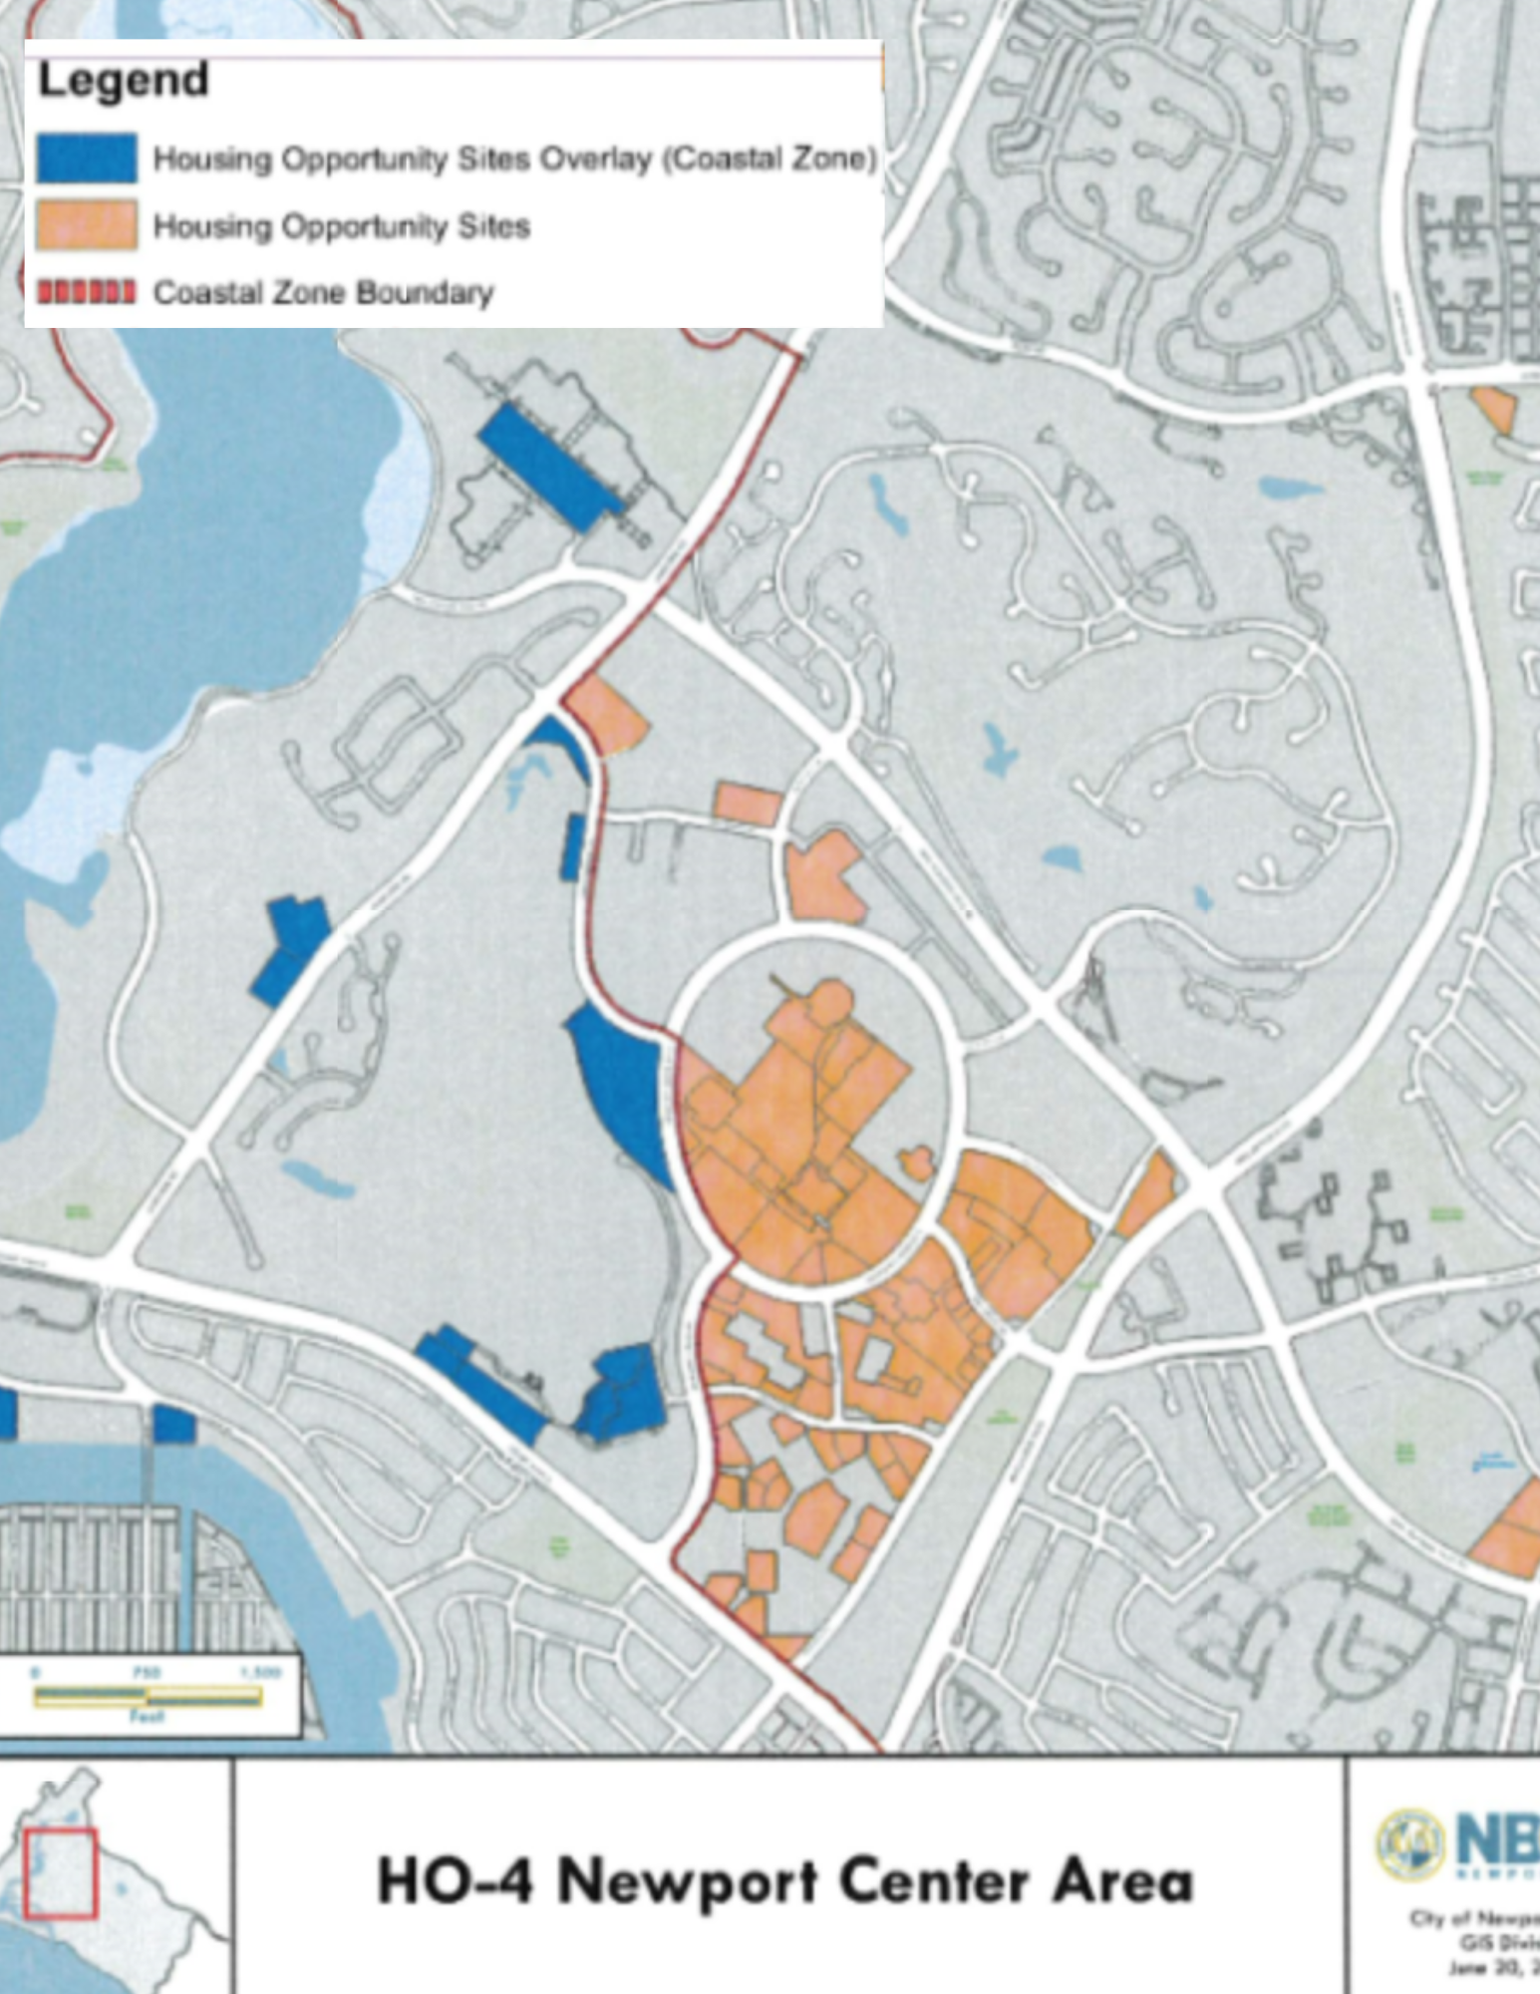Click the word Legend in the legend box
123,81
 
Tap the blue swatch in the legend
87,159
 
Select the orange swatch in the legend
87,225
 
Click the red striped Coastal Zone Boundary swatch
87,292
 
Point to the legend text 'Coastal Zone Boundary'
323,293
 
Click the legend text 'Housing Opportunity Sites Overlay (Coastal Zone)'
514,160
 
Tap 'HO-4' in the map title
455,1881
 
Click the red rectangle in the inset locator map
61,1872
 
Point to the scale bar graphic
148,1696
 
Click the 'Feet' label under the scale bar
147,1717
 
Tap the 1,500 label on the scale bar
260,1672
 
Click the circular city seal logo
1410,1843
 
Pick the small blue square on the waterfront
174,1425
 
